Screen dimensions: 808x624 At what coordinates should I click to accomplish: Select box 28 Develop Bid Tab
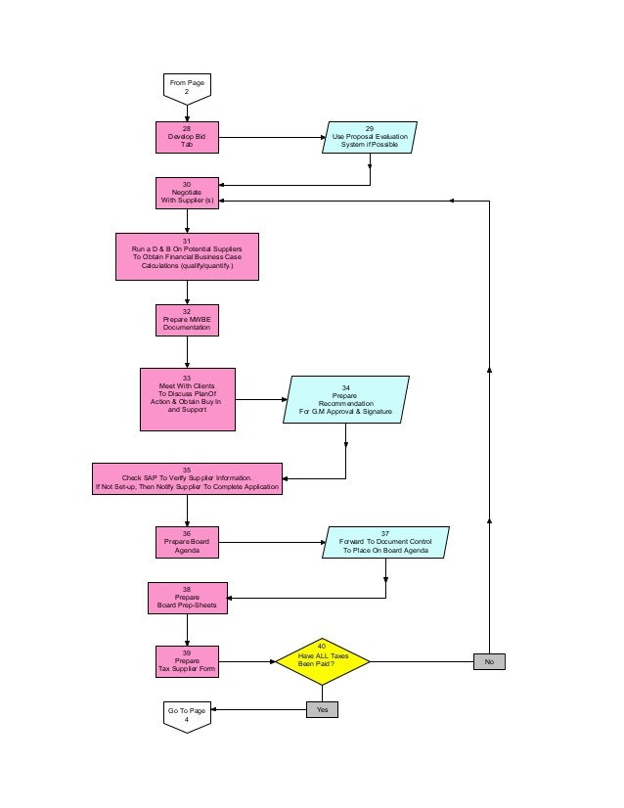tap(187, 138)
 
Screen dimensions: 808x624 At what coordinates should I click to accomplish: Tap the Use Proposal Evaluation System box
tap(370, 138)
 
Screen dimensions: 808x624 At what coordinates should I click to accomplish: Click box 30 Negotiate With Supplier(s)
tap(187, 193)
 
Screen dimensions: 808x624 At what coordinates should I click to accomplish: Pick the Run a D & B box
tap(187, 256)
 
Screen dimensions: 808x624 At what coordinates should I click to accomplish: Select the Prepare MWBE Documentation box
tap(187, 321)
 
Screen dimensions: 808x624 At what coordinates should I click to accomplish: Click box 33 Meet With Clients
tap(187, 399)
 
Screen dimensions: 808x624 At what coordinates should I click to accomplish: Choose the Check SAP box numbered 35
tap(187, 478)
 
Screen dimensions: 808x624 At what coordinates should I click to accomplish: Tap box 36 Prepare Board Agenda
tap(187, 542)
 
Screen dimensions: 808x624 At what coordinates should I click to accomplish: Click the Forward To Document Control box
tap(385, 542)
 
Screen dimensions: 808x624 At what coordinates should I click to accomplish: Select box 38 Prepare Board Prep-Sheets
tap(187, 598)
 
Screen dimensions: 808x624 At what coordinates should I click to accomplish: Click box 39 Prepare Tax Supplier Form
tap(187, 662)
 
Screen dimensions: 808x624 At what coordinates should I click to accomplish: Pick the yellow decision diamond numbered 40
tap(323, 661)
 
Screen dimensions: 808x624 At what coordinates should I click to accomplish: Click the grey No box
tap(489, 662)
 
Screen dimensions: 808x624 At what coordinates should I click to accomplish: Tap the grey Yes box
tap(322, 709)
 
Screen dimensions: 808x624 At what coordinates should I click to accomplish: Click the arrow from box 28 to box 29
tap(271, 138)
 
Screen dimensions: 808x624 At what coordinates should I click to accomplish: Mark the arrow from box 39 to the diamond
tap(246, 662)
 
